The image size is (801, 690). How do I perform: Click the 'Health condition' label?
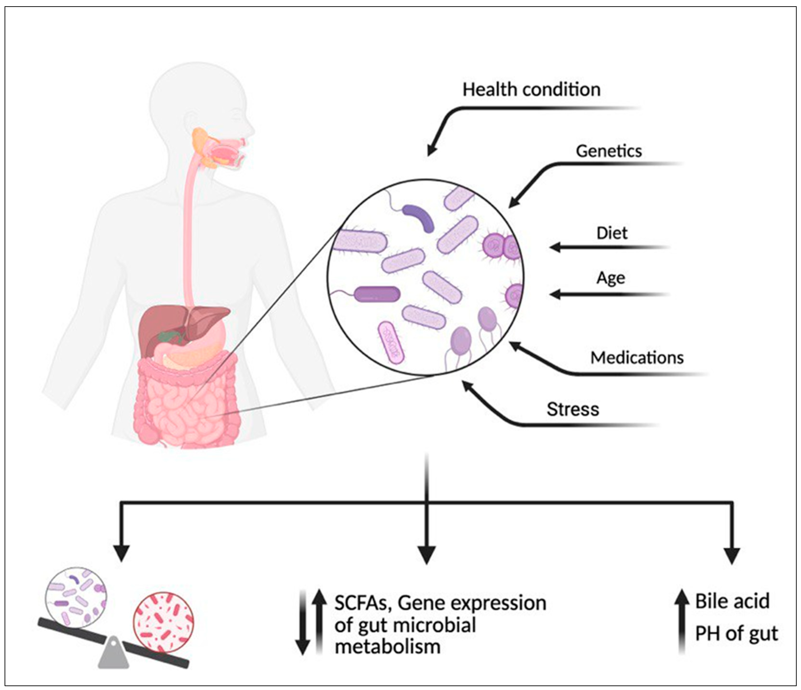531,90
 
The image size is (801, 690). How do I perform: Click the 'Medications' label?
637,358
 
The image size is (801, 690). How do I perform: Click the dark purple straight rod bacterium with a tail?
377,294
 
